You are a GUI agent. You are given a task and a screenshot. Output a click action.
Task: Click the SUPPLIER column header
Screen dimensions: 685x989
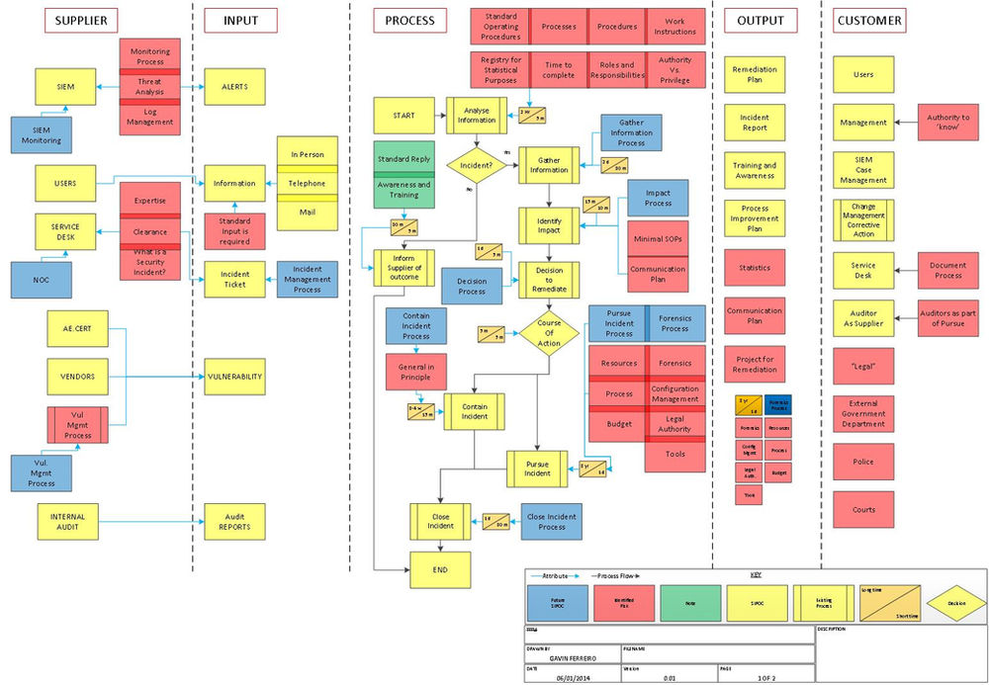point(81,20)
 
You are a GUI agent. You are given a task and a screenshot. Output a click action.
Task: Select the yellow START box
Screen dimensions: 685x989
point(404,116)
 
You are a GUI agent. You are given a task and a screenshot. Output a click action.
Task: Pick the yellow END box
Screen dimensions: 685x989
point(440,570)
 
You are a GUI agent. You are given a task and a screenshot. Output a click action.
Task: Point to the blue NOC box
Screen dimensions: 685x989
point(42,280)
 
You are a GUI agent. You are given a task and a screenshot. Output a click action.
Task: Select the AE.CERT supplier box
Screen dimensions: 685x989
point(77,328)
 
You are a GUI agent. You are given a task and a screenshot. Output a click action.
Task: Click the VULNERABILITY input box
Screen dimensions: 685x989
point(234,377)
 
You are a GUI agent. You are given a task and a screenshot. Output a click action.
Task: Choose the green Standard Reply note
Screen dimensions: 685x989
point(404,158)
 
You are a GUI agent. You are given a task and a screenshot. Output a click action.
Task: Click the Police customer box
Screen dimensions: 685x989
point(863,462)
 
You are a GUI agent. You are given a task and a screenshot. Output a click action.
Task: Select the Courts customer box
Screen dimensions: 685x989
point(863,510)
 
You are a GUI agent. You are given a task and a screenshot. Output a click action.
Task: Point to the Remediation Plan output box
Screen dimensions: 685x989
point(755,75)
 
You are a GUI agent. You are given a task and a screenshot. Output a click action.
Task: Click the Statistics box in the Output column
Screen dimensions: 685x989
point(755,268)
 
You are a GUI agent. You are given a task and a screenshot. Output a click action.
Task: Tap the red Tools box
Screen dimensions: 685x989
point(675,454)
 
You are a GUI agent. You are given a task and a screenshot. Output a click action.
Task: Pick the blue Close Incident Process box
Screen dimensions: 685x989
point(551,520)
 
